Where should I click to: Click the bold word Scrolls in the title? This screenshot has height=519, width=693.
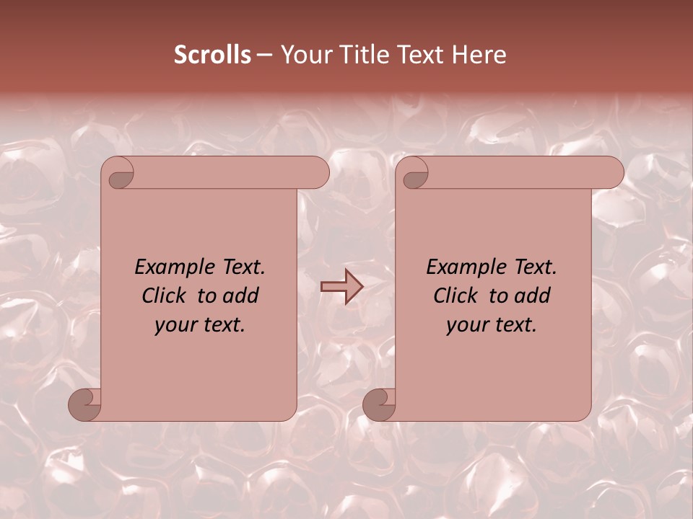[212, 55]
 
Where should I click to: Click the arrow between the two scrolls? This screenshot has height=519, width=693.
[341, 287]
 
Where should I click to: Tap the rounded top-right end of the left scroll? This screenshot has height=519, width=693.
[318, 173]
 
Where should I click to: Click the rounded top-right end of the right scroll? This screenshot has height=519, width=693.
[612, 173]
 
